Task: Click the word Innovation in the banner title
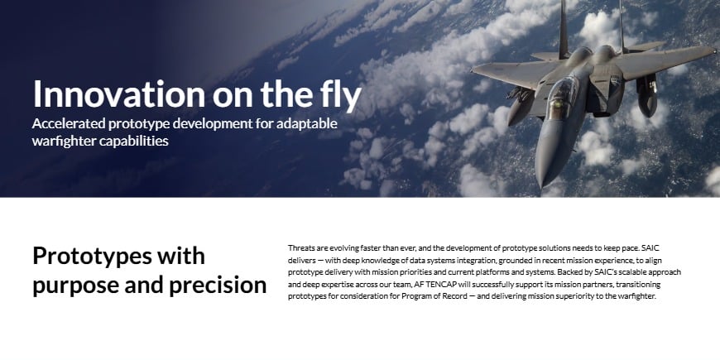coord(119,94)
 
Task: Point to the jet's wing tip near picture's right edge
coord(712,49)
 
